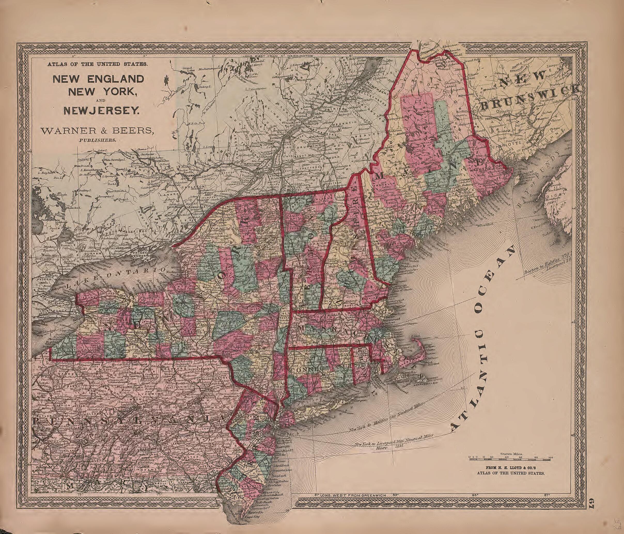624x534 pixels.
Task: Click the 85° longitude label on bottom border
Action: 475,494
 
